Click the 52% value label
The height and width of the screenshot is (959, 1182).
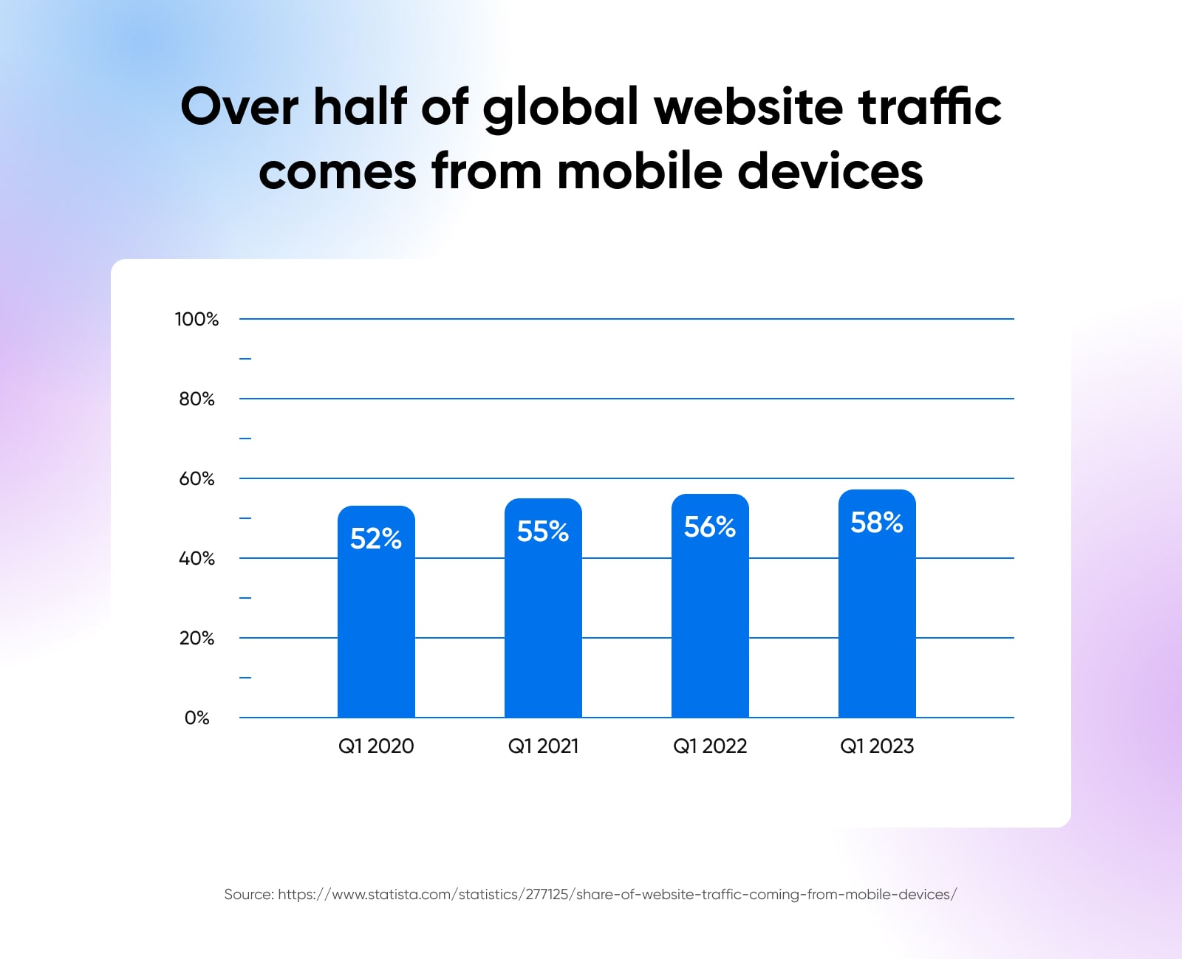376,539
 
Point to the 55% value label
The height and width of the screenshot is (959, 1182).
543,532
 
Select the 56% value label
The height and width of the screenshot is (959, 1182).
710,527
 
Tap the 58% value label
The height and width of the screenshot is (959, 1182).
877,523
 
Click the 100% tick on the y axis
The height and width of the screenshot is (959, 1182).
197,319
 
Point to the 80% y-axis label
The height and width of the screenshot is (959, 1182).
197,399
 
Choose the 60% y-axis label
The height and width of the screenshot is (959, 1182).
197,478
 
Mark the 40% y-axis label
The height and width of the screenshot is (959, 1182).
197,558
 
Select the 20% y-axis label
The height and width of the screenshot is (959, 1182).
197,638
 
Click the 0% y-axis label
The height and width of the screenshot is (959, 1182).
197,718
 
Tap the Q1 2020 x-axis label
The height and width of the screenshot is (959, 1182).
376,746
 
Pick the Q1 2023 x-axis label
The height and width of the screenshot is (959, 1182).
877,746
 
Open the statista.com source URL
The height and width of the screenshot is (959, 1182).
617,895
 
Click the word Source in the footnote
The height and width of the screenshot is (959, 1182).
248,895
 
